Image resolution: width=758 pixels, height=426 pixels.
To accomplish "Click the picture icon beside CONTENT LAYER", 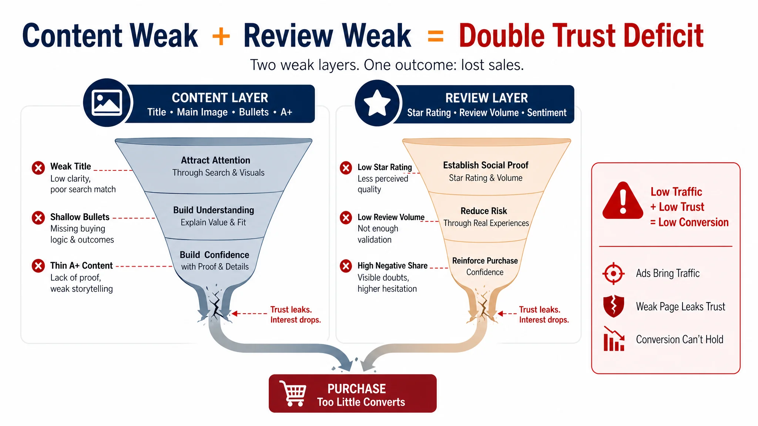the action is tap(107, 102).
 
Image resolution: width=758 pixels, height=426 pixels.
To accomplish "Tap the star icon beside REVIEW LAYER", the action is tap(377, 102).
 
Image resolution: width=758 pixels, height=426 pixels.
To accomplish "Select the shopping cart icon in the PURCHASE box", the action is tap(293, 393).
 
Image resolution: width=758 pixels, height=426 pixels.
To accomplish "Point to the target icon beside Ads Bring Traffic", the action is tap(613, 274).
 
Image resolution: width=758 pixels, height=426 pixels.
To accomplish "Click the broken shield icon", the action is tap(613, 306).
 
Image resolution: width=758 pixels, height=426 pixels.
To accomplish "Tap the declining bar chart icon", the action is tap(614, 339).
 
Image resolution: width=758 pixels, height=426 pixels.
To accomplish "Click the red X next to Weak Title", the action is tap(38, 168).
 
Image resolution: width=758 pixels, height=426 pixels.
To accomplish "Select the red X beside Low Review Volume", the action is tap(346, 217).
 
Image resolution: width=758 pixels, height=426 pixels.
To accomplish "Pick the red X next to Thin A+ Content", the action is tap(38, 266).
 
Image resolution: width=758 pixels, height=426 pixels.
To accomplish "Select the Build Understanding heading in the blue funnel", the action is tap(214, 210).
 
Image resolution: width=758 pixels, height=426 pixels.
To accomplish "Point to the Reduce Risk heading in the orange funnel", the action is tap(484, 211).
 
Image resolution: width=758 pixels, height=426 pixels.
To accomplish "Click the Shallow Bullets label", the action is tap(80, 217).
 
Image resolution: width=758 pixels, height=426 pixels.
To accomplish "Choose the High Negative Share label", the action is tap(392, 266).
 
